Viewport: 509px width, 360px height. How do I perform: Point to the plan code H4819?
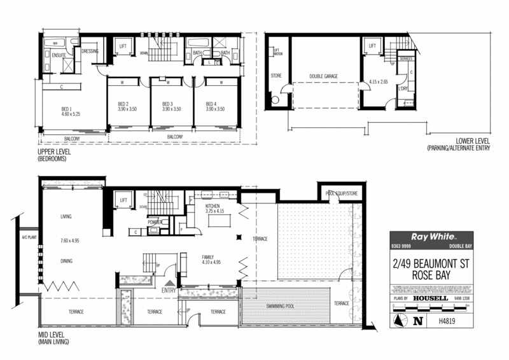click(x=448, y=322)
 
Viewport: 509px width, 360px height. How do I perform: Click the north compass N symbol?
click(x=417, y=321)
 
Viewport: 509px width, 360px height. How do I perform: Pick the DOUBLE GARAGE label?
click(x=323, y=76)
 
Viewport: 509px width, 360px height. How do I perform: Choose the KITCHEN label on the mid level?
click(x=212, y=207)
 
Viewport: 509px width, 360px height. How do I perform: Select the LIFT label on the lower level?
click(x=372, y=46)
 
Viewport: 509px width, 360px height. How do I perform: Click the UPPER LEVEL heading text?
click(x=54, y=153)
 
